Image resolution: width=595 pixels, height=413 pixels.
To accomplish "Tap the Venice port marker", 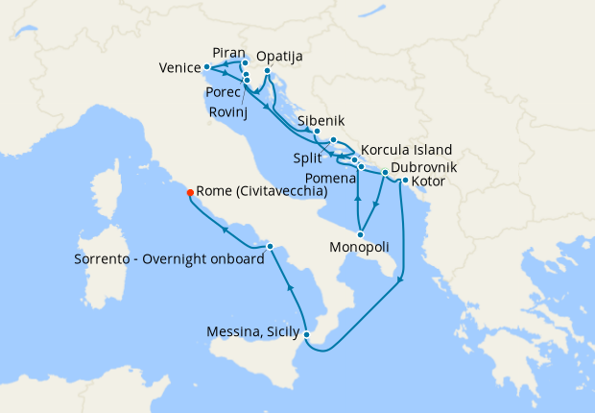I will coord(207,67).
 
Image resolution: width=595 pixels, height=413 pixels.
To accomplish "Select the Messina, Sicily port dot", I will coord(305,334).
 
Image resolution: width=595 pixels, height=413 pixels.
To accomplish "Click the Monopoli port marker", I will coord(360,233).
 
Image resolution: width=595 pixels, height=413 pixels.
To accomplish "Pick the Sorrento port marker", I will coord(271,247).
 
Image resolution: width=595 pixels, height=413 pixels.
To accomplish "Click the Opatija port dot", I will coord(267,70).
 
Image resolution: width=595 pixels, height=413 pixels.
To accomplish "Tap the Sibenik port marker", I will coord(317,132).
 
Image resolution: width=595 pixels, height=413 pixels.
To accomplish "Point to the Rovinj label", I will coord(228,112).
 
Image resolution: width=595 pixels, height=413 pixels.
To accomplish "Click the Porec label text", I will coord(224,92).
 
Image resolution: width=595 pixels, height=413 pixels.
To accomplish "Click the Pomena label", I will coord(327,179).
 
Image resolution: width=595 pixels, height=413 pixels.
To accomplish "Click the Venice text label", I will coord(179,68).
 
